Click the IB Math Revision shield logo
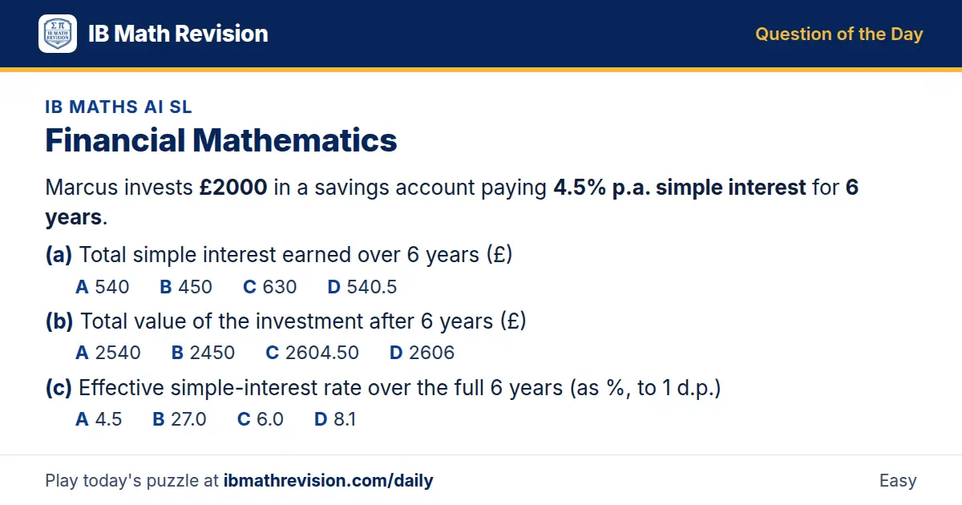pos(58,34)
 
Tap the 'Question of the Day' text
pos(839,34)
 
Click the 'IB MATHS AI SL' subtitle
pos(119,107)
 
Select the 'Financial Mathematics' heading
pos(221,140)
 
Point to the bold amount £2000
pos(233,188)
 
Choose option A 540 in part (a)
pos(103,287)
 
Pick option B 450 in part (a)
pos(186,287)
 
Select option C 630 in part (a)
pos(269,287)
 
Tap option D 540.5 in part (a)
pos(362,287)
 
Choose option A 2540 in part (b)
pos(107,353)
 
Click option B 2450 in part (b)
pos(203,353)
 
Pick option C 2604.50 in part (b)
pos(312,353)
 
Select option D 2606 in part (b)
pos(422,353)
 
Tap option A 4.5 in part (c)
pos(99,419)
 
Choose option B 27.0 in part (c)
pos(180,419)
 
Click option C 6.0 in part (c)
pos(261,419)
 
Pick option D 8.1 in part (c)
pos(335,419)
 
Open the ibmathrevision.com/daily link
pos(328,480)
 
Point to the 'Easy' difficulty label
pos(898,480)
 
